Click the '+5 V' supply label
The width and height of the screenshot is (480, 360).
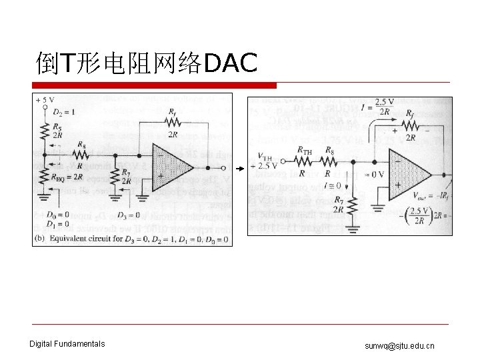[45, 100]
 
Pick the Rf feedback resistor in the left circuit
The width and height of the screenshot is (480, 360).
[172, 122]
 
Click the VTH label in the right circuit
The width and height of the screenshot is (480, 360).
[264, 157]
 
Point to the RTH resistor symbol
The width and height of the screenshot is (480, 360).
[304, 161]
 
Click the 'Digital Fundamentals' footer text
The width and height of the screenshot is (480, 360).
[67, 344]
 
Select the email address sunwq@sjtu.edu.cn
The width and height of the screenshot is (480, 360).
[399, 345]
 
